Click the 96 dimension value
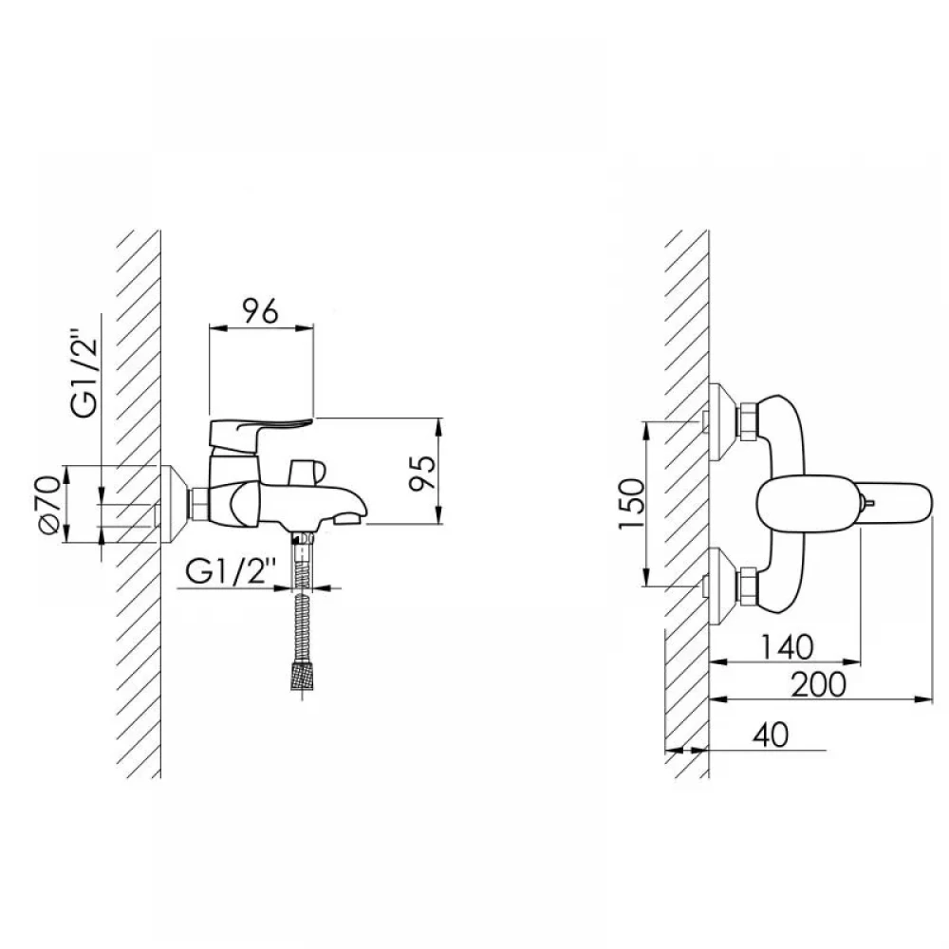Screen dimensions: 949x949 [x=261, y=311]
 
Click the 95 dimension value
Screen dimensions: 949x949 [x=422, y=473]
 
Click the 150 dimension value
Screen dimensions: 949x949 [x=632, y=504]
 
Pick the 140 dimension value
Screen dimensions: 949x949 [x=786, y=647]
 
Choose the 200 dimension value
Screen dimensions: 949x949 [x=819, y=684]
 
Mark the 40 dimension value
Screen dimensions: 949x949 [x=771, y=735]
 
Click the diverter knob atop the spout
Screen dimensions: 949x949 [x=307, y=472]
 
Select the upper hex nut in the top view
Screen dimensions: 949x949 [x=747, y=419]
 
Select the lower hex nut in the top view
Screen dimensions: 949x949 [x=747, y=586]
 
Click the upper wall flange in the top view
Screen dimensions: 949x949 [x=721, y=422]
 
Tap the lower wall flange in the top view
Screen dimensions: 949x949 [x=721, y=587]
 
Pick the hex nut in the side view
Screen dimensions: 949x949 [x=199, y=504]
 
